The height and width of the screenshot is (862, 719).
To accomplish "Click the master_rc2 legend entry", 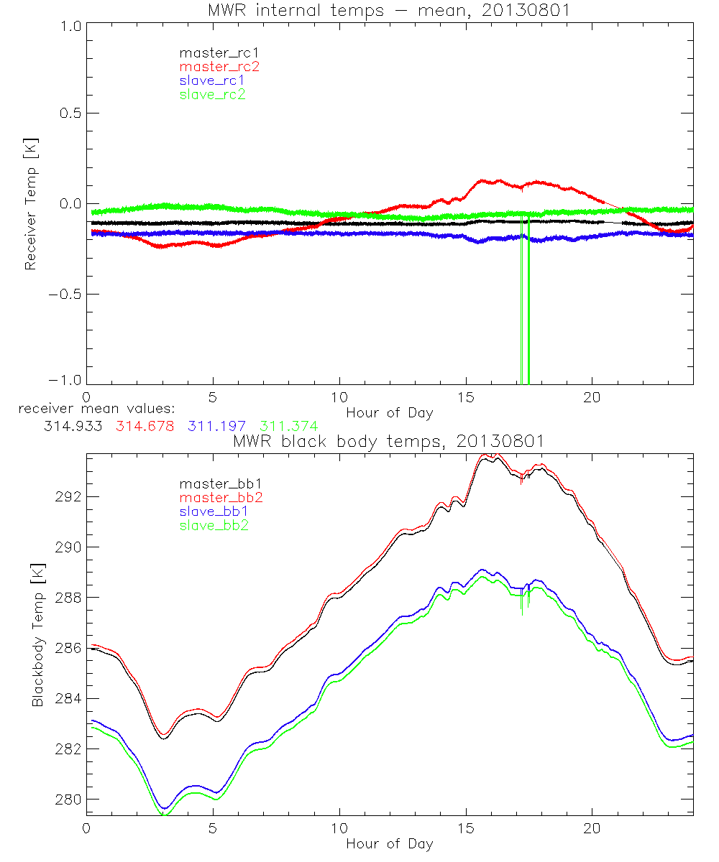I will [219, 66].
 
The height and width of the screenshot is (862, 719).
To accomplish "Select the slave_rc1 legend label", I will [212, 80].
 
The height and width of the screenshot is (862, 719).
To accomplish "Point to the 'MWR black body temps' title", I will [389, 440].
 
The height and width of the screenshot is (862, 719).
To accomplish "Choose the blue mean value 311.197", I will [214, 426].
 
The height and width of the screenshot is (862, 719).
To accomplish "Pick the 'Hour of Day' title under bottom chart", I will [389, 844].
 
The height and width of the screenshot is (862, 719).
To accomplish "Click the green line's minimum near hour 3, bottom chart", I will [164, 815].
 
